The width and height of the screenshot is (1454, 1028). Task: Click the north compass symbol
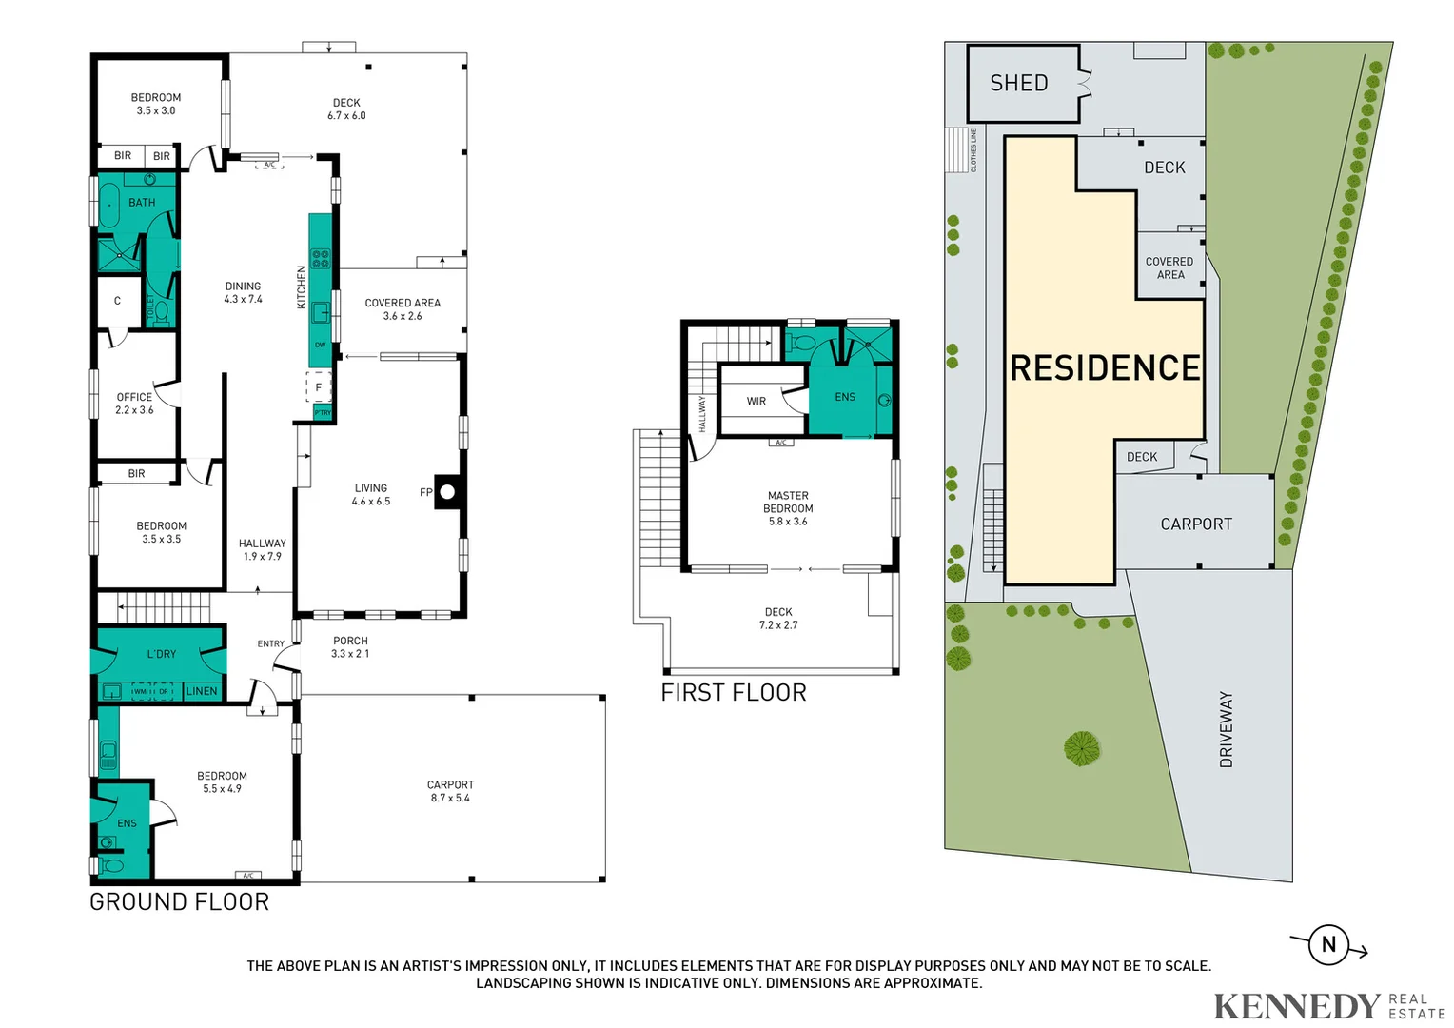click(1328, 945)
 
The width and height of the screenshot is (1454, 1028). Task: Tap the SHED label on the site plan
click(1018, 84)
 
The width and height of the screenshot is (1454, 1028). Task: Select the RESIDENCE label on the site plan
click(1105, 368)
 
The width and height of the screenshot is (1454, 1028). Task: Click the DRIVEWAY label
click(1226, 729)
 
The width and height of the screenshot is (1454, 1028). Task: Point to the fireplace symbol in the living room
click(447, 492)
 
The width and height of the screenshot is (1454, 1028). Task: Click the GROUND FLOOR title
click(179, 901)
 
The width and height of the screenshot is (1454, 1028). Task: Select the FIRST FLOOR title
click(734, 693)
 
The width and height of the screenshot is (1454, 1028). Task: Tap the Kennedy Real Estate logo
click(1328, 1005)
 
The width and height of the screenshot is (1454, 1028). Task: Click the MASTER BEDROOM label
click(788, 508)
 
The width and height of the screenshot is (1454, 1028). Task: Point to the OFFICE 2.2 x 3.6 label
click(134, 404)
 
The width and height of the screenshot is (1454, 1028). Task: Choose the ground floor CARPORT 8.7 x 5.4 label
click(450, 791)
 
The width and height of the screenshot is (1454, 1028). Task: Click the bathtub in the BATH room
click(108, 205)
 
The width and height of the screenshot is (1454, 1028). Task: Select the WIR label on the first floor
click(756, 402)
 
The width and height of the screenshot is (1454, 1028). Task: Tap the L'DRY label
click(162, 654)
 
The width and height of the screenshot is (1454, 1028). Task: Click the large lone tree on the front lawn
click(1081, 748)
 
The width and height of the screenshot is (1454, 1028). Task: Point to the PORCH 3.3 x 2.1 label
click(350, 647)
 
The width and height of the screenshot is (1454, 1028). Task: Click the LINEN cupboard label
click(202, 691)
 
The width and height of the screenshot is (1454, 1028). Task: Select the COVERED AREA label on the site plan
click(1169, 267)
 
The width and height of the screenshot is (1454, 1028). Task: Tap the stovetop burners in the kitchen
click(321, 257)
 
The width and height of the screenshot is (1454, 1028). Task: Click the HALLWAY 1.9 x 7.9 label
click(262, 549)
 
